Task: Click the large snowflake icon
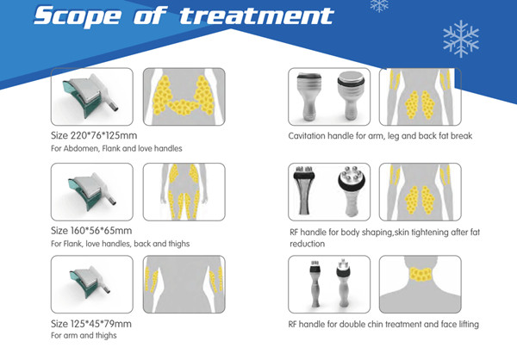pyautogui.click(x=459, y=38)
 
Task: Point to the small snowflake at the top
pyautogui.click(x=378, y=5)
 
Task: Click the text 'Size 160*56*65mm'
pyautogui.click(x=91, y=231)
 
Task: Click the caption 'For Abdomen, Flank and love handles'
pyautogui.click(x=116, y=149)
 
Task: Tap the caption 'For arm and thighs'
pyautogui.click(x=84, y=336)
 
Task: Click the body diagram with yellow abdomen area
pyautogui.click(x=183, y=97)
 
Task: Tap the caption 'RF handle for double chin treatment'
pyautogui.click(x=383, y=325)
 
